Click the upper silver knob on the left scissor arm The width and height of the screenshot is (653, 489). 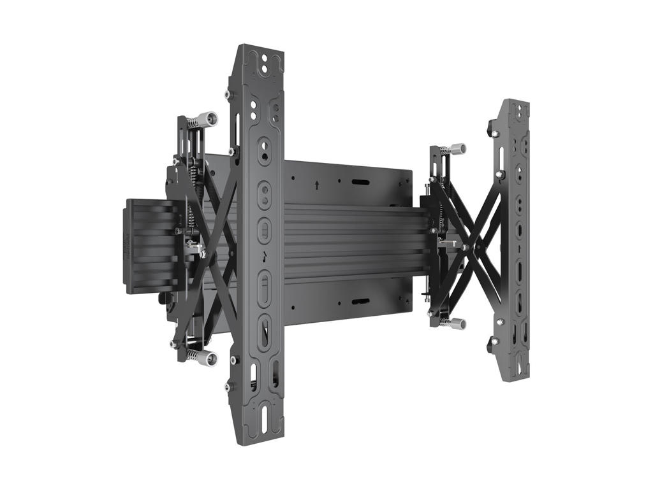[x=207, y=119]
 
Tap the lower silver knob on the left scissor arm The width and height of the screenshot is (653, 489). [x=206, y=358]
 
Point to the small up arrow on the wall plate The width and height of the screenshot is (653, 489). [x=316, y=185]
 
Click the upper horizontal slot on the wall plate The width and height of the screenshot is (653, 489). [x=360, y=182]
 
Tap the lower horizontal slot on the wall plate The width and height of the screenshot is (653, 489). [x=360, y=301]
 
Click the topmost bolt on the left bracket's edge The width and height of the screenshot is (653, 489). [x=228, y=94]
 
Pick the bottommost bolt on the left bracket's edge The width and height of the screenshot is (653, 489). [x=228, y=386]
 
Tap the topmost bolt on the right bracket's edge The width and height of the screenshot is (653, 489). [x=493, y=134]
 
